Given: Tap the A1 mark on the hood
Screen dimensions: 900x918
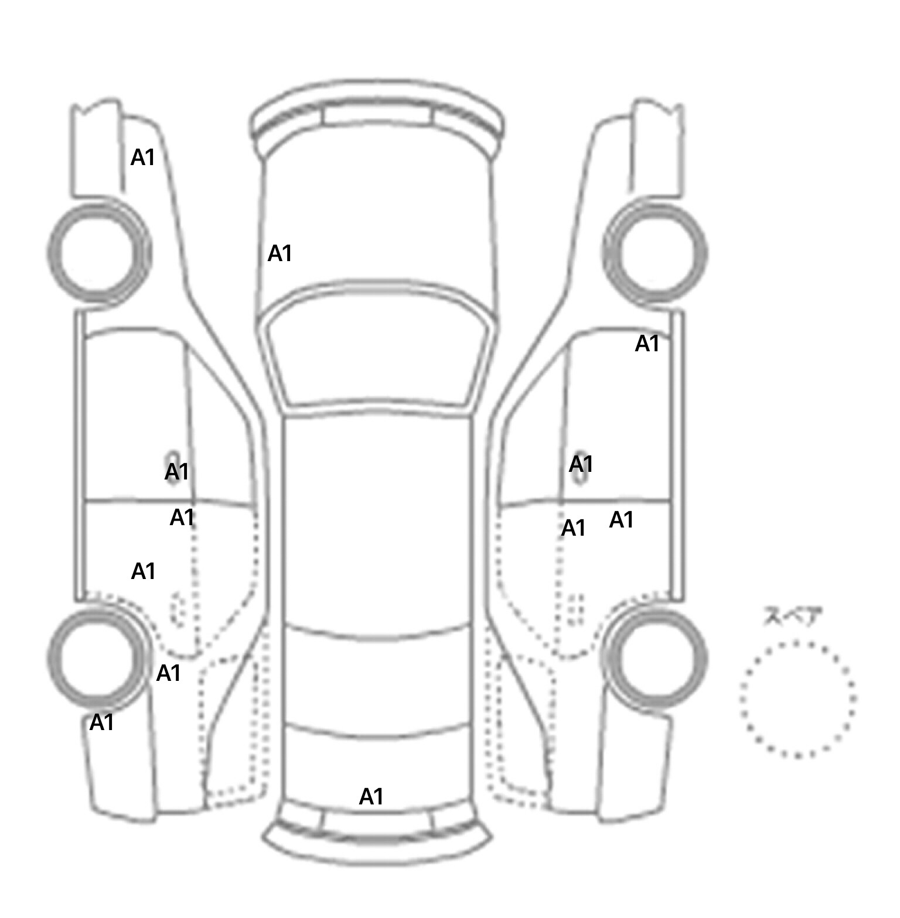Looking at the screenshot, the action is (279, 254).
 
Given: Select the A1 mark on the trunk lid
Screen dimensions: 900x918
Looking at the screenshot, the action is (371, 797).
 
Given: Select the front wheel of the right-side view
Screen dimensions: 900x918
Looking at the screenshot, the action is (655, 253).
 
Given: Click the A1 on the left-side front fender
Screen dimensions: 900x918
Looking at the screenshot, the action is (143, 157).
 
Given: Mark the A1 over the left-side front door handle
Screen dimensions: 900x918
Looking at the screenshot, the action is (177, 471).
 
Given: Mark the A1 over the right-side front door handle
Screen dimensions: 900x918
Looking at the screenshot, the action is (581, 464).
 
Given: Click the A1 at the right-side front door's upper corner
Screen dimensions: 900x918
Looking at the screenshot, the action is (647, 344).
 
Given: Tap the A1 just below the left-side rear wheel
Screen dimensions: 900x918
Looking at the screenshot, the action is (101, 723).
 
